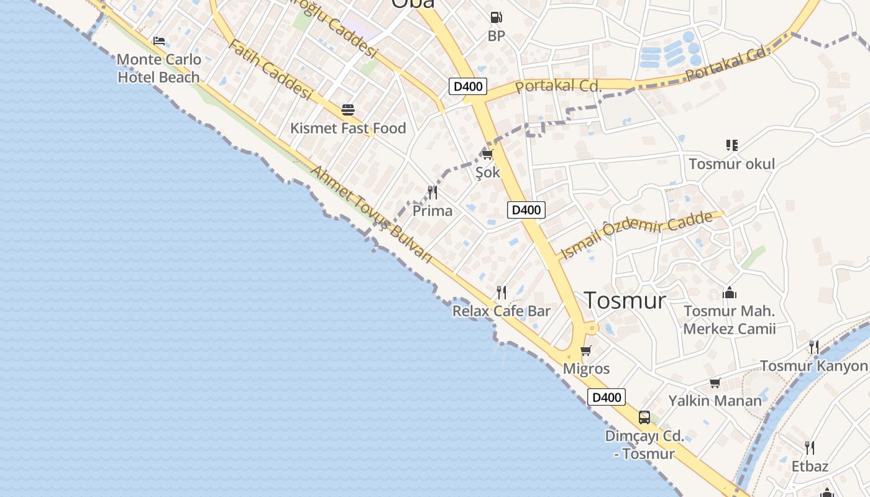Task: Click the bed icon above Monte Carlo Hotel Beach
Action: click(x=159, y=42)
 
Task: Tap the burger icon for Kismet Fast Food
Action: click(x=348, y=111)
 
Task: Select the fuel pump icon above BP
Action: click(x=496, y=18)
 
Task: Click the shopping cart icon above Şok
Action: click(x=488, y=153)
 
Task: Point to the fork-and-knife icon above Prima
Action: click(x=433, y=193)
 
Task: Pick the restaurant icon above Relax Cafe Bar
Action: click(x=501, y=292)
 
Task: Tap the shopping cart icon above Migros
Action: click(x=586, y=350)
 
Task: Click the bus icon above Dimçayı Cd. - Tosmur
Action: click(x=644, y=417)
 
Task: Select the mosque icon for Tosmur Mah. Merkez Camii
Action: click(x=730, y=292)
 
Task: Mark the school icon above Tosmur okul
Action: click(x=732, y=145)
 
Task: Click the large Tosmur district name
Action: click(x=625, y=301)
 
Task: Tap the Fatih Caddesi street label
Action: click(x=269, y=70)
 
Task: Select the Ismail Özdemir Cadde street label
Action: click(x=636, y=235)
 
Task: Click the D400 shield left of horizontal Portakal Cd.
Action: click(x=468, y=86)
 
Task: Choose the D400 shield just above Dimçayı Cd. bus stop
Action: click(x=607, y=397)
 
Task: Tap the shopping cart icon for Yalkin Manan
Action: click(x=715, y=383)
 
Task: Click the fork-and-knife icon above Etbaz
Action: click(x=810, y=447)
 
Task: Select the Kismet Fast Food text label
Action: click(x=348, y=129)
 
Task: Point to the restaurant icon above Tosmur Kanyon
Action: click(x=814, y=347)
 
